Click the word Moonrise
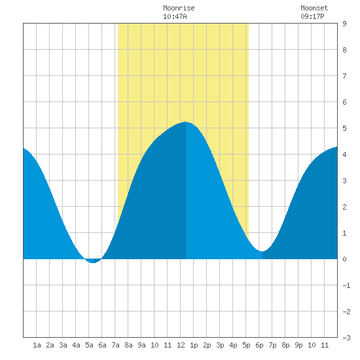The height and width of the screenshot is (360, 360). [x=179, y=8]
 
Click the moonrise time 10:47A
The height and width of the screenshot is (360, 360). [x=175, y=16]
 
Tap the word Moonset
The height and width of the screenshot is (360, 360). [x=314, y=8]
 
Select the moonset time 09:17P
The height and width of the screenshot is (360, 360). [x=312, y=16]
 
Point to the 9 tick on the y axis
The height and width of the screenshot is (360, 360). [x=344, y=24]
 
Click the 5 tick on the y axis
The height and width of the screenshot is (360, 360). [x=344, y=128]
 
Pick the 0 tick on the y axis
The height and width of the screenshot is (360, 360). [x=344, y=259]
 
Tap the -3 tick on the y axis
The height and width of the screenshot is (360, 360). [x=346, y=338]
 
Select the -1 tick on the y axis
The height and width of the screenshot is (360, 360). [x=346, y=285]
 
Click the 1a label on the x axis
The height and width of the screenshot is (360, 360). [x=37, y=345]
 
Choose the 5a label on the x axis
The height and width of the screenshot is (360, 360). [x=89, y=345]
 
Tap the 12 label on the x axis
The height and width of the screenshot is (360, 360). [x=181, y=345]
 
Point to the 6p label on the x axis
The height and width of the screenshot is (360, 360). [x=259, y=345]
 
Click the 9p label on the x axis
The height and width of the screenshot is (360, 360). [x=298, y=345]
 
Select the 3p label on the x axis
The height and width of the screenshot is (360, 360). [x=220, y=345]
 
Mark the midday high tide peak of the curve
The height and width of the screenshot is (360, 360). [x=185, y=122]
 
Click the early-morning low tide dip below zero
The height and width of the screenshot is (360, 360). [x=92, y=262]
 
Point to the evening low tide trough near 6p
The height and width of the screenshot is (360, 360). [x=262, y=251]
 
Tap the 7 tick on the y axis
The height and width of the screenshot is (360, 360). [x=344, y=76]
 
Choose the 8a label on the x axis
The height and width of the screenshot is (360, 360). [x=128, y=345]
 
